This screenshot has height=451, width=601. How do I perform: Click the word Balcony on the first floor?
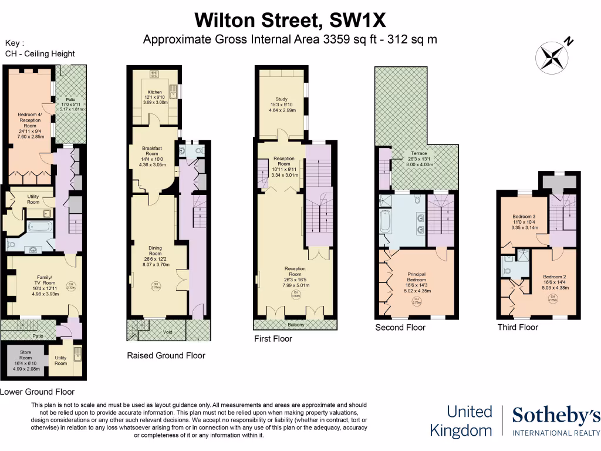tap(295, 324)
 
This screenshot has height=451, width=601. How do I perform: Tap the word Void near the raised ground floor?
tap(167, 332)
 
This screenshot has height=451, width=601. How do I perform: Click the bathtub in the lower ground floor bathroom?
tap(40, 227)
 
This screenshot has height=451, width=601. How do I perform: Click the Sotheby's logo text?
tap(556, 416)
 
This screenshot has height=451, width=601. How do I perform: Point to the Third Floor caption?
tap(517, 327)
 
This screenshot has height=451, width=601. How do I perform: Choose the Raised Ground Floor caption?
tap(166, 355)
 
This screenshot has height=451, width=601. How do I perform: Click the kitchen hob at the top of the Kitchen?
tap(156, 74)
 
